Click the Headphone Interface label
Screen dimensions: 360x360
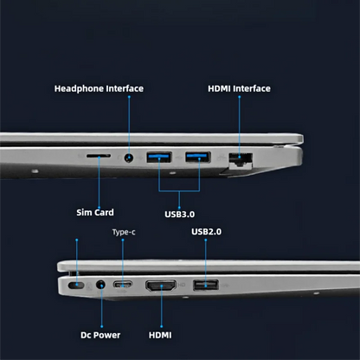tap(99, 88)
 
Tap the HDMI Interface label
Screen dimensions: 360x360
tap(239, 88)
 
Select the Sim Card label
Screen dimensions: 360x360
tap(95, 213)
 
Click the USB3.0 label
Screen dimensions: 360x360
tap(179, 215)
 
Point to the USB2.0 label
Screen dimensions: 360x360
tap(207, 232)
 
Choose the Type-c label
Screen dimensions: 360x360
tap(124, 232)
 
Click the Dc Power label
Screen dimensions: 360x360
tap(100, 335)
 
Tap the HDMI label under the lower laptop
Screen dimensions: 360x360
tap(160, 335)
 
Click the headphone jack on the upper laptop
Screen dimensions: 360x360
tap(129, 157)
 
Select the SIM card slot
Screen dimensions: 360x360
tap(99, 156)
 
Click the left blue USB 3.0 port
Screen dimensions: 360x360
tap(159, 157)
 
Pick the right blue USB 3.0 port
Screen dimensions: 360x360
tap(198, 157)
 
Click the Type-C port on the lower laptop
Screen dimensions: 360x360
tap(123, 285)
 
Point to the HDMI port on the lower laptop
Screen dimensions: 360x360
tap(161, 286)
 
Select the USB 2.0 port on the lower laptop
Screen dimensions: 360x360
tap(206, 285)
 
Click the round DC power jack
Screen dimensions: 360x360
tap(100, 285)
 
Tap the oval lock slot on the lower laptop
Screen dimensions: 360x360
tap(76, 286)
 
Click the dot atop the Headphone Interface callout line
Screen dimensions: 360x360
tap(129, 97)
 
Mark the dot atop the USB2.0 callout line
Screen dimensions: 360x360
tap(206, 240)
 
